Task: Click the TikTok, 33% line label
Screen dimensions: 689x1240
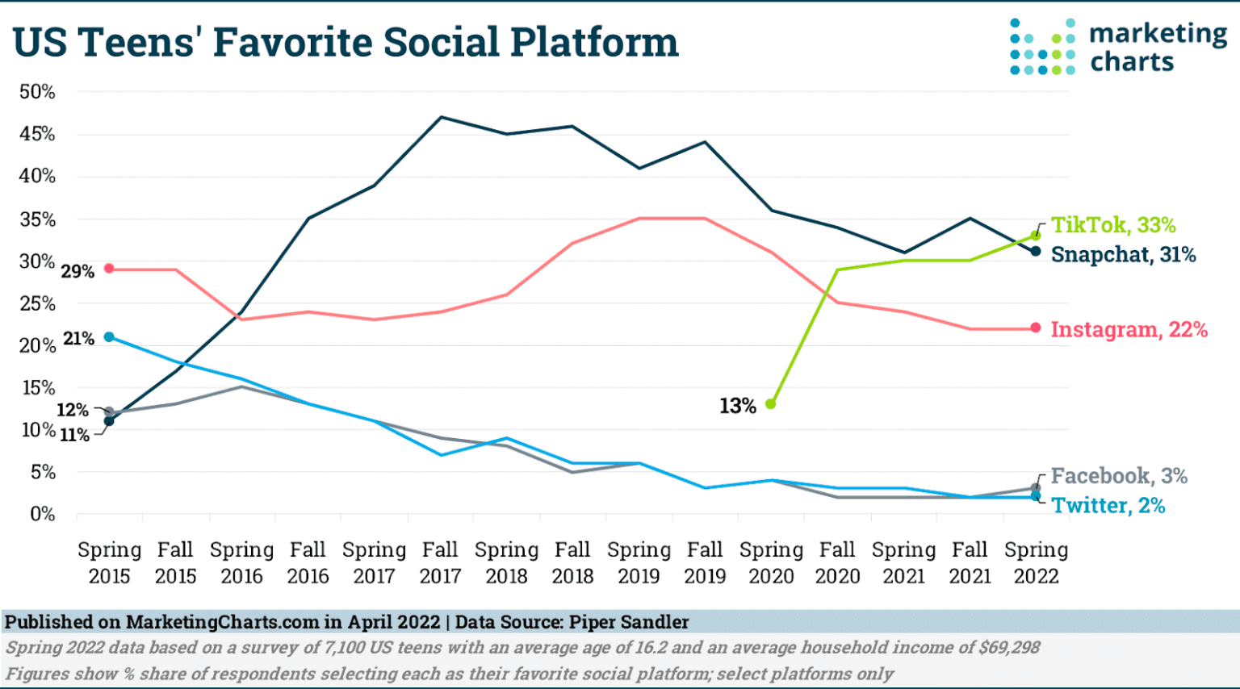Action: pos(1112,225)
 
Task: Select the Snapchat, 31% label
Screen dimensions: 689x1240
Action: pos(1123,255)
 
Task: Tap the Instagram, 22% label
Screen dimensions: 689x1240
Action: pos(1129,329)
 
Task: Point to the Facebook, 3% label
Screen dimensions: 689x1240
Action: pos(1118,476)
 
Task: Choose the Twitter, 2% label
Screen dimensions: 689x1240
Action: pos(1108,506)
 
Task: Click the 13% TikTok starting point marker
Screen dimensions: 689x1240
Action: pos(770,403)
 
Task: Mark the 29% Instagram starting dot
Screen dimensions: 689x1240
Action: pos(109,269)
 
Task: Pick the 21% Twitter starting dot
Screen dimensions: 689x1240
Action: pos(109,336)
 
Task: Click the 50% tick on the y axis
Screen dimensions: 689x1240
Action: pos(37,92)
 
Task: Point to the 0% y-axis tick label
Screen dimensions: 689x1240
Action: pos(42,514)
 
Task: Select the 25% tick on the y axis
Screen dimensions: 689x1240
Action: pos(37,303)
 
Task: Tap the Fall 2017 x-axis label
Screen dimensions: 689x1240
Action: pos(440,563)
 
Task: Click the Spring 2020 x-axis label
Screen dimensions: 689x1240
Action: pos(771,563)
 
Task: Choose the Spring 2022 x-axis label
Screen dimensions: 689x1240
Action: pos(1036,563)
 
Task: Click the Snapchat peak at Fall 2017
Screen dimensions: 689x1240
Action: pos(441,117)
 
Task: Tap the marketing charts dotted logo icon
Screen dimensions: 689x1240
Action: pos(1041,47)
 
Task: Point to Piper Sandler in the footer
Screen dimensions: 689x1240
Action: pos(629,622)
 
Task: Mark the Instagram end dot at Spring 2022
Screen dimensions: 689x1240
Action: pos(1036,328)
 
